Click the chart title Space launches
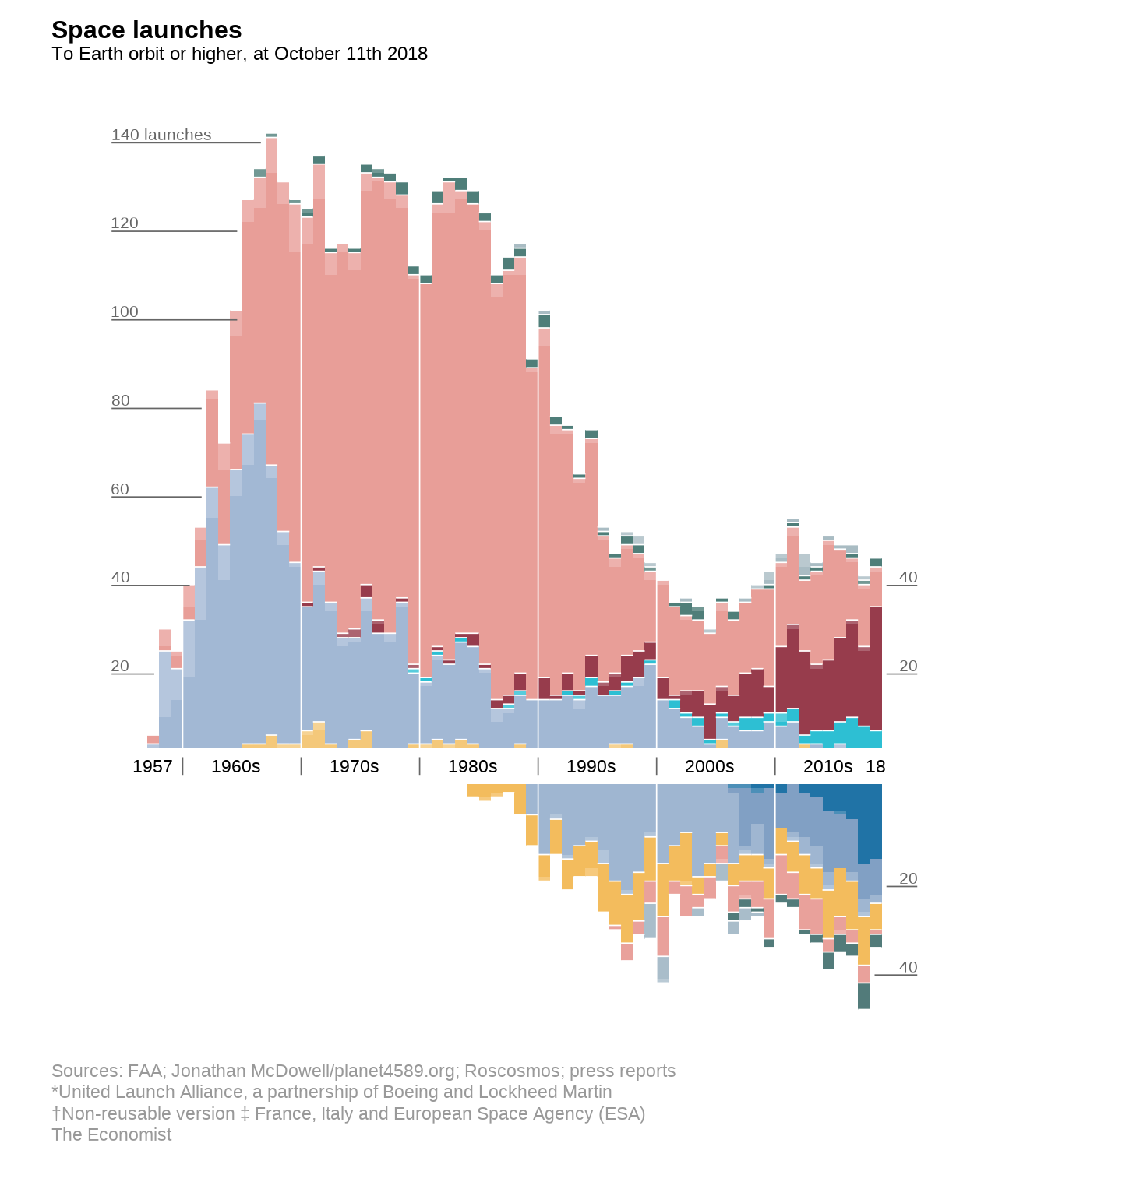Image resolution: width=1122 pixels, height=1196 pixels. pyautogui.click(x=146, y=30)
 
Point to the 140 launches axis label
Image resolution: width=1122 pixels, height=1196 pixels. pyautogui.click(x=161, y=135)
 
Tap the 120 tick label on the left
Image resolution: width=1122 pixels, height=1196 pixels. pyautogui.click(x=125, y=223)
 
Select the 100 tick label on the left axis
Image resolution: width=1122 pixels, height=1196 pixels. pyautogui.click(x=125, y=312)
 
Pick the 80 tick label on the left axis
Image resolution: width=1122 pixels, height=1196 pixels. pyautogui.click(x=121, y=401)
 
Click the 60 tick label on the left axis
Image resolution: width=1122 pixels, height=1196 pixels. pyautogui.click(x=120, y=490)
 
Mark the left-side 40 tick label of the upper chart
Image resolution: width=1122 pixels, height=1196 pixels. pyautogui.click(x=121, y=578)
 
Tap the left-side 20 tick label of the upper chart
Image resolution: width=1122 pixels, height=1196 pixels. pyautogui.click(x=120, y=667)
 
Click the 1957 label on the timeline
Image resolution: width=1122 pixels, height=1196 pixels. pyautogui.click(x=153, y=766)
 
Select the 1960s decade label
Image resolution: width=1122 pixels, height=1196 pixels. pyautogui.click(x=236, y=766)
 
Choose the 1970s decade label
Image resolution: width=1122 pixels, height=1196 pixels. pyautogui.click(x=355, y=766)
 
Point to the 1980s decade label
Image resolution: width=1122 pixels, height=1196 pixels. pyautogui.click(x=473, y=766)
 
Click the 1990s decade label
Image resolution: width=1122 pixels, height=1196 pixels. pyautogui.click(x=591, y=766)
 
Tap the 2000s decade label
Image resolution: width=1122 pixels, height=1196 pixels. pyautogui.click(x=710, y=766)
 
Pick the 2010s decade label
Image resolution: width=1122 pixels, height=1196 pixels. pyautogui.click(x=827, y=766)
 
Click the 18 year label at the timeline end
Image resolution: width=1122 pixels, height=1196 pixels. pyautogui.click(x=876, y=766)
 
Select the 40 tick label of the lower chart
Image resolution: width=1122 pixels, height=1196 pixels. pyautogui.click(x=909, y=968)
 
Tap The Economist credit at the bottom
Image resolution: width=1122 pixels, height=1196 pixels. pyautogui.click(x=111, y=1134)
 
